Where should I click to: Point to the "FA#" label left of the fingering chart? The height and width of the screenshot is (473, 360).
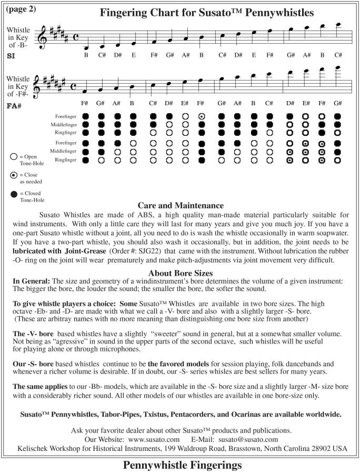[14, 105]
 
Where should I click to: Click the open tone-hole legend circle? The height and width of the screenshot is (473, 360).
[13, 156]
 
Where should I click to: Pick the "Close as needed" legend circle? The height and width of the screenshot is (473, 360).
[13, 175]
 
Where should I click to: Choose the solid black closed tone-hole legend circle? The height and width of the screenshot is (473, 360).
[13, 195]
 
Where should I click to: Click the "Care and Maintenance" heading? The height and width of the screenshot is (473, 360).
[180, 205]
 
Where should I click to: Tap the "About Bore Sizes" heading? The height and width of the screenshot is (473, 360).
[180, 273]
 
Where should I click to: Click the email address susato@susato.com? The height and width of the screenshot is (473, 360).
[248, 439]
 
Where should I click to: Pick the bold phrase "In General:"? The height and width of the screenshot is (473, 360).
[31, 282]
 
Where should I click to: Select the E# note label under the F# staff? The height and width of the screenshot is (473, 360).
[185, 104]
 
